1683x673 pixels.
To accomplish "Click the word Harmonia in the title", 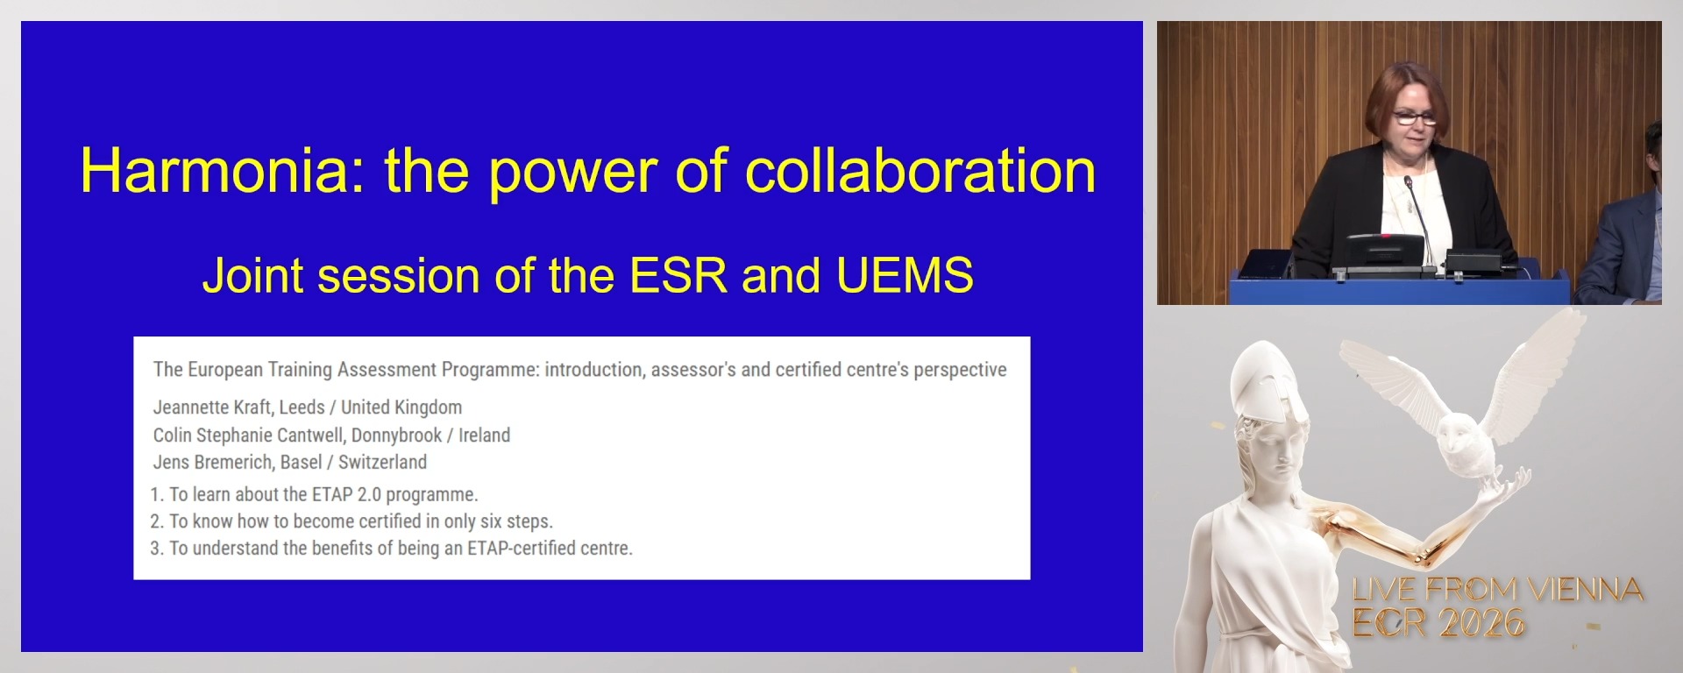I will (214, 171).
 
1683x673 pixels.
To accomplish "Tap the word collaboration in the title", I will (920, 171).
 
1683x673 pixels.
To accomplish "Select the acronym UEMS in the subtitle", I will (904, 275).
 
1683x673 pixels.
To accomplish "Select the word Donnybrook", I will (396, 435).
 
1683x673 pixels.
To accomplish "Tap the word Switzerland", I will (382, 462).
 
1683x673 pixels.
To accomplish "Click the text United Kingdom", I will (401, 407).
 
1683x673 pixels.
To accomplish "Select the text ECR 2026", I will (1438, 623).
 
